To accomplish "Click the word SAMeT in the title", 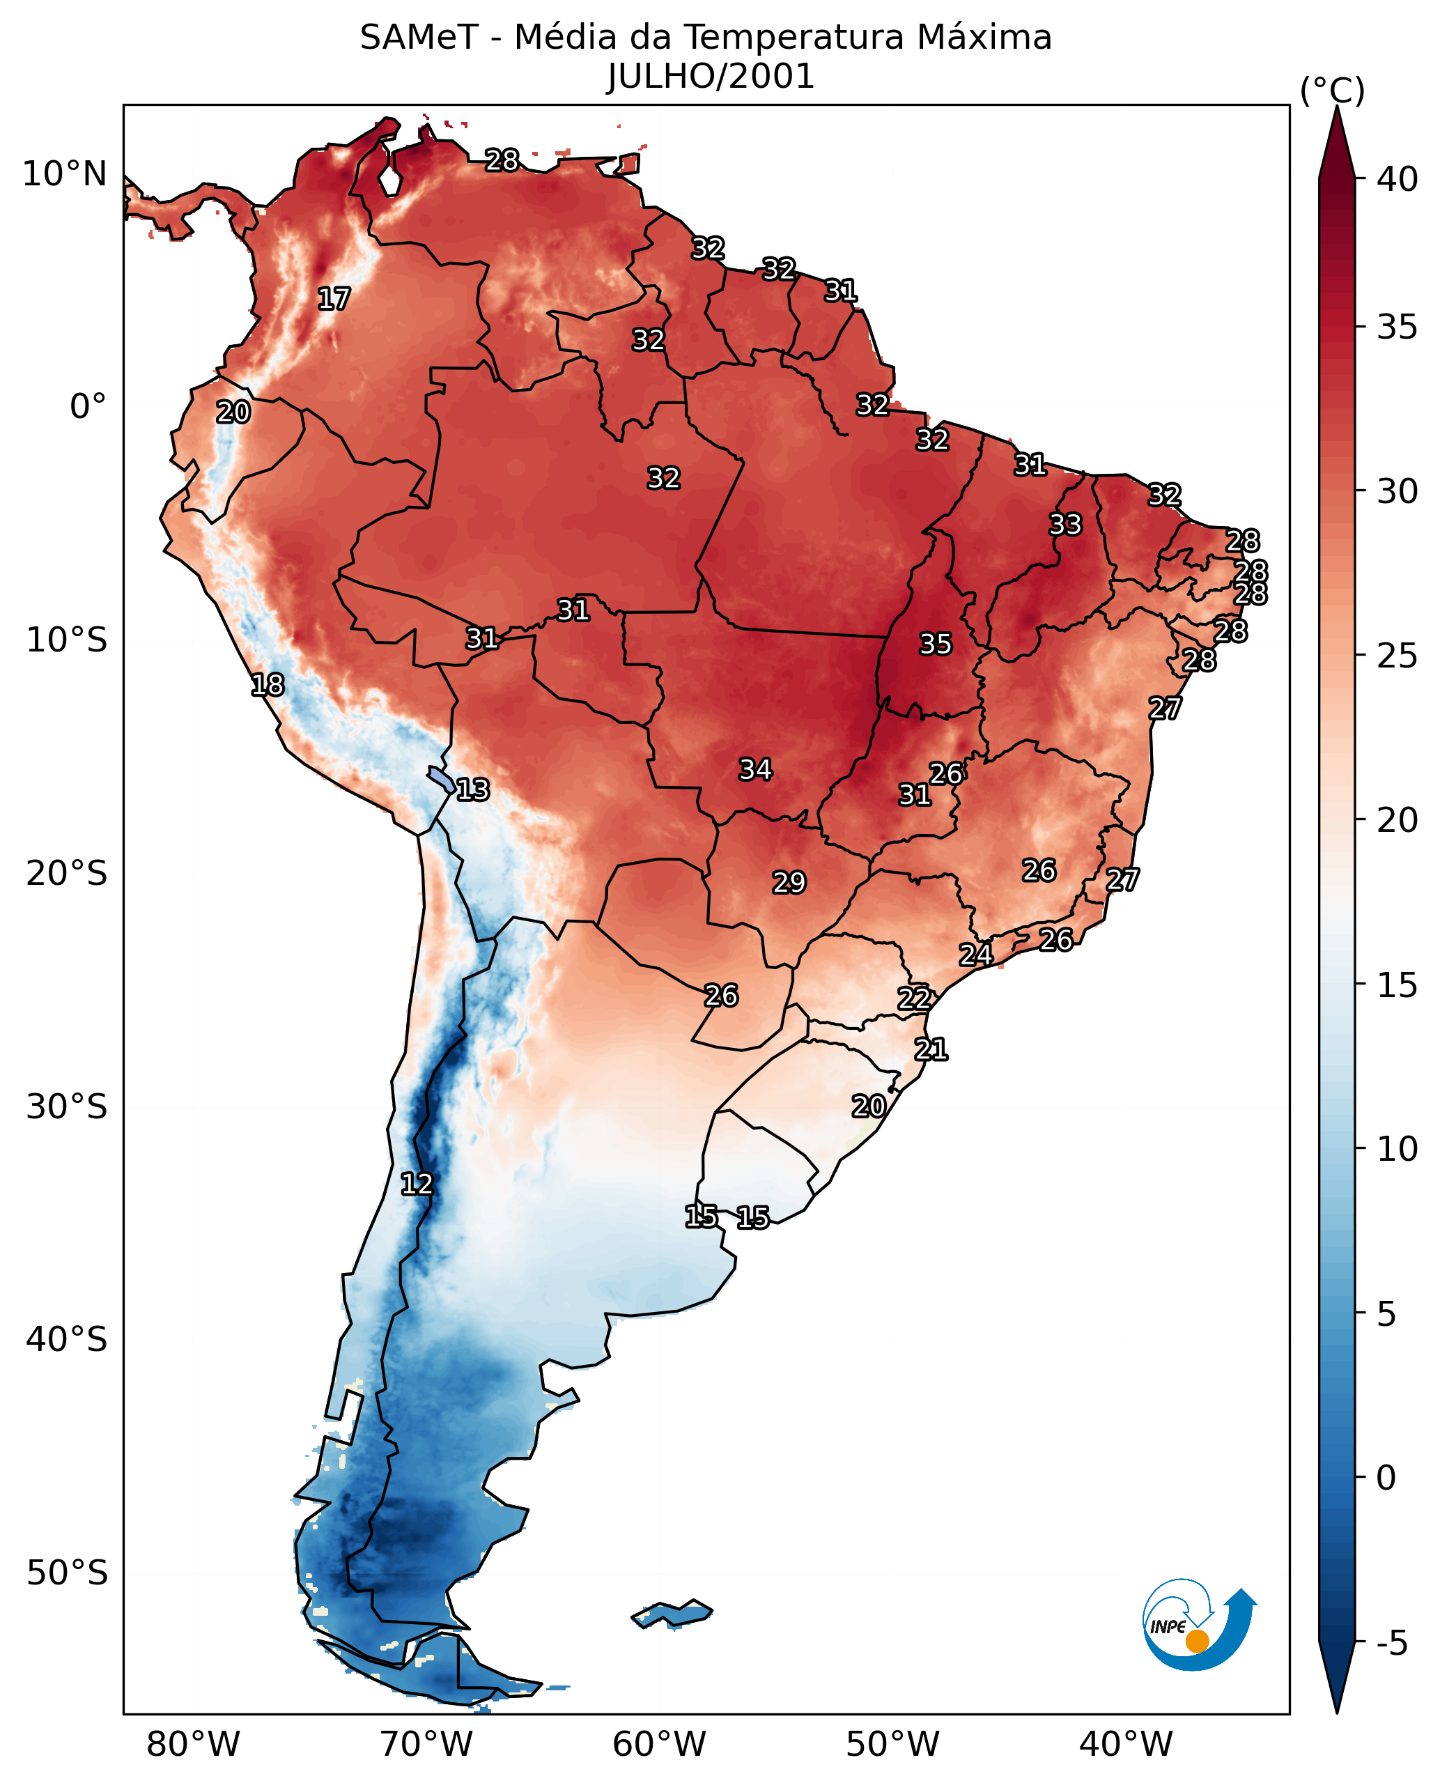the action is coord(419,38).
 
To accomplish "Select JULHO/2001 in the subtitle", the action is coord(711,77).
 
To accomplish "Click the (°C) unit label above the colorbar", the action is coord(1332,91).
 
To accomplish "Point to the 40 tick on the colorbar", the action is coord(1397,179).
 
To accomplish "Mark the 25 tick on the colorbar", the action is coord(1397,656).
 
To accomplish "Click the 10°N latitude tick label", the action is coord(65,174).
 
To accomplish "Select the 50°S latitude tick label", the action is coord(66,1573).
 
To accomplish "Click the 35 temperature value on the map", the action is coord(936,644).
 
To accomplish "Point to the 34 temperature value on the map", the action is coord(756,769).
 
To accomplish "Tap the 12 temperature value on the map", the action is coord(417,1183).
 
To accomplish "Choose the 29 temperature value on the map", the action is coord(789,882).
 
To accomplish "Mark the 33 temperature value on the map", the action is coord(1066,525).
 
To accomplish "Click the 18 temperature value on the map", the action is coord(267,684).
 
